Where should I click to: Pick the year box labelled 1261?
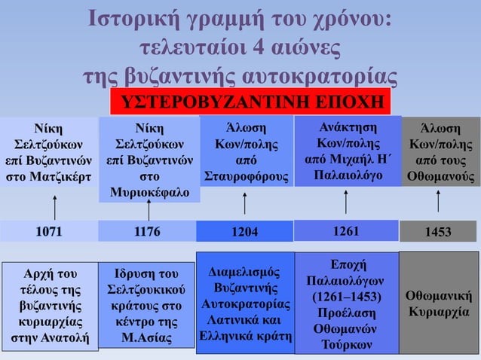point(345,230)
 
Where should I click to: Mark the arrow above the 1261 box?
point(345,202)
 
